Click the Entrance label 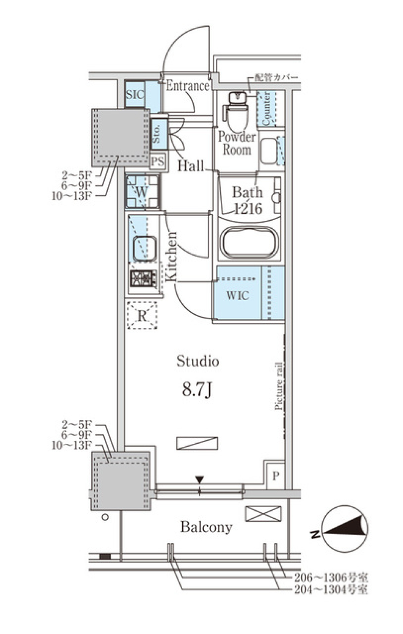pyautogui.click(x=188, y=86)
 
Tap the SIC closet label pyautogui.click(x=135, y=94)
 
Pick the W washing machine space pyautogui.click(x=142, y=192)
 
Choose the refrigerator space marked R pyautogui.click(x=142, y=315)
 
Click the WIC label pyautogui.click(x=237, y=295)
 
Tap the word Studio pyautogui.click(x=197, y=361)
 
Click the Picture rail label pyautogui.click(x=279, y=386)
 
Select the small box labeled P pyautogui.click(x=276, y=476)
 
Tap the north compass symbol pyautogui.click(x=344, y=529)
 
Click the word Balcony pyautogui.click(x=206, y=527)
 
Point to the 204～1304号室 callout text pyautogui.click(x=331, y=590)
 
